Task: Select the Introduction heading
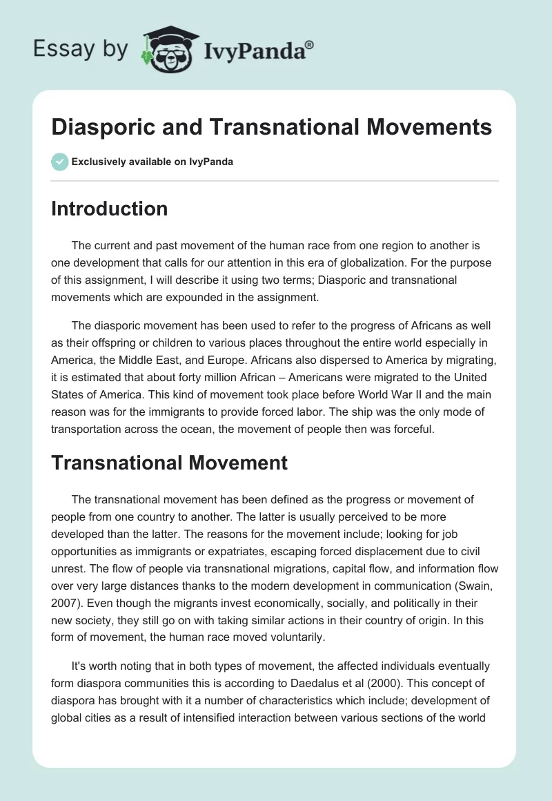(x=109, y=209)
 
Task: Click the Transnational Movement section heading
(x=169, y=462)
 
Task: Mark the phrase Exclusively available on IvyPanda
(x=152, y=162)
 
